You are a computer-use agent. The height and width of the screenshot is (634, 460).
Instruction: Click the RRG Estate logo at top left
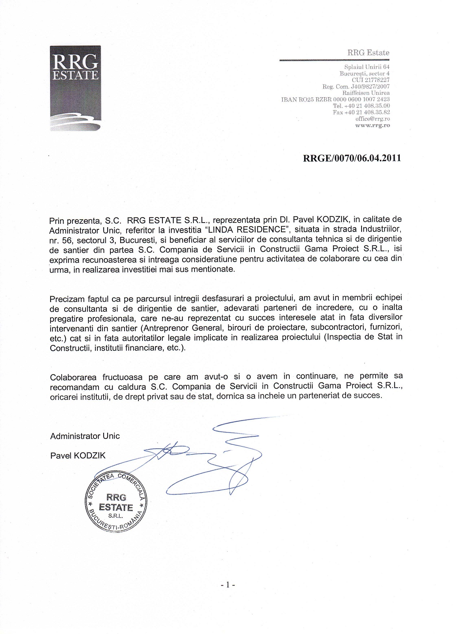click(75, 88)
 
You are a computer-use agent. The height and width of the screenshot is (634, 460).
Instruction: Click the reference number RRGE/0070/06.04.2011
click(352, 158)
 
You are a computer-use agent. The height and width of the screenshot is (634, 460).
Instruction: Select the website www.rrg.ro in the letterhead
click(372, 125)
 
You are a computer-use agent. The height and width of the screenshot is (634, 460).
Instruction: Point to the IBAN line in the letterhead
click(335, 99)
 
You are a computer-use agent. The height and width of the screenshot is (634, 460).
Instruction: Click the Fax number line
click(361, 112)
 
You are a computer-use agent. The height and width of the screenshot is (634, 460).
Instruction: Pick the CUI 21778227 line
click(371, 80)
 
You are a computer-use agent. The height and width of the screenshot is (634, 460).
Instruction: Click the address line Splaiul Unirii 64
click(367, 67)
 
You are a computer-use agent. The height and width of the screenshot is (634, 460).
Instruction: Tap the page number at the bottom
click(228, 585)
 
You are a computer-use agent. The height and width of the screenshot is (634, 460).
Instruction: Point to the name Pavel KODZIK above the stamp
click(78, 456)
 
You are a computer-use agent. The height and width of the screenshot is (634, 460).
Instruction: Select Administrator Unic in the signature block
click(85, 436)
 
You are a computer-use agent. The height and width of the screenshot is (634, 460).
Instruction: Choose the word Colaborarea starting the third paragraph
click(73, 378)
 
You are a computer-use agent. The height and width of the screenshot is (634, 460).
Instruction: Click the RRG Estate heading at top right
click(368, 53)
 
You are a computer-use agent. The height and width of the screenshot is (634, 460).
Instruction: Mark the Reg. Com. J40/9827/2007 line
click(356, 86)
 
